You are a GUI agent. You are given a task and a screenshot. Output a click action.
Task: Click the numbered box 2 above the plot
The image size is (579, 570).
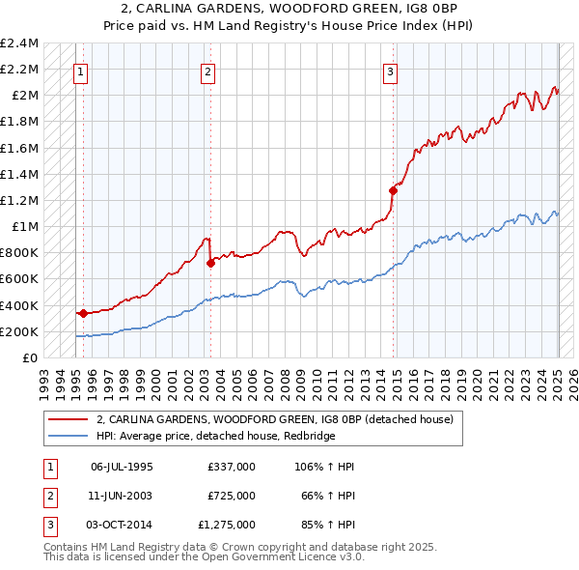pos(208,71)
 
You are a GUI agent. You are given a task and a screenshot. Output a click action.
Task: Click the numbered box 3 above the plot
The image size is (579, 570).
pos(390,71)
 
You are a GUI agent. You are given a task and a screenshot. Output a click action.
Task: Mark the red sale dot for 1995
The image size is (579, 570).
pos(83,313)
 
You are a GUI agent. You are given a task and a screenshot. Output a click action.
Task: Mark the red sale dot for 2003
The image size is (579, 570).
pos(210,262)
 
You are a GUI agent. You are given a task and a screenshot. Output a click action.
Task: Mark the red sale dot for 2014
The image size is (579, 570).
pos(393,190)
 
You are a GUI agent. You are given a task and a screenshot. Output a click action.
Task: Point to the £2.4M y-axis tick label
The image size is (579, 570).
pos(20,43)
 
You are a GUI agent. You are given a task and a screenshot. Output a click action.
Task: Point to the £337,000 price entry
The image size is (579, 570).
pos(232,467)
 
